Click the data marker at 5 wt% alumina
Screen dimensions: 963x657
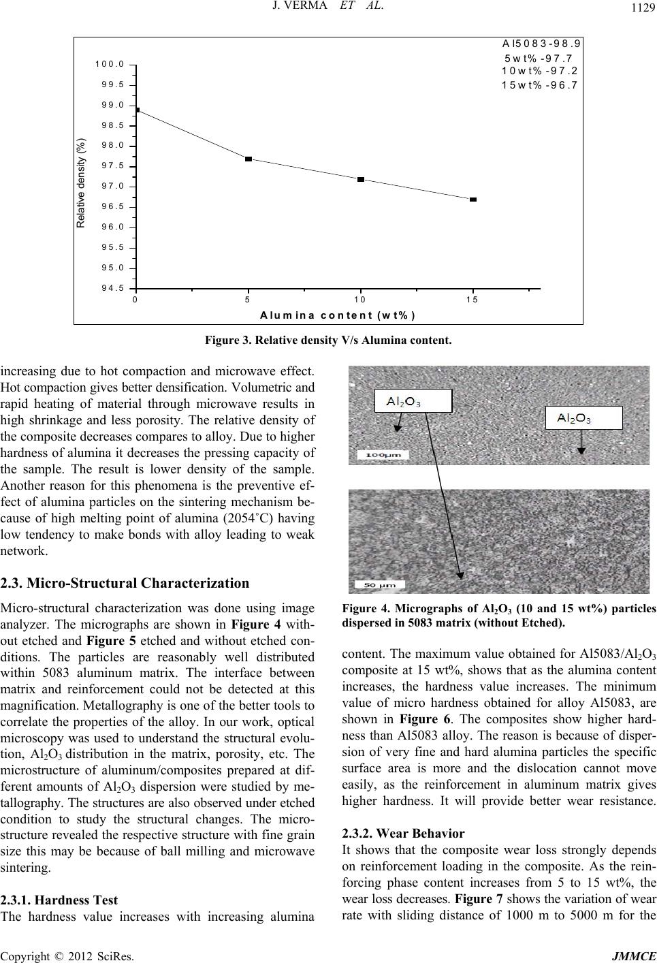click(249, 159)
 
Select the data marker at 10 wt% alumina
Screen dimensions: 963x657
click(361, 179)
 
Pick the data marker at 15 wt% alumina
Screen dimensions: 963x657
click(473, 200)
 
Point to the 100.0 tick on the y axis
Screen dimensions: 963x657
click(109, 64)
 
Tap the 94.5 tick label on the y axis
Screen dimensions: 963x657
click(109, 288)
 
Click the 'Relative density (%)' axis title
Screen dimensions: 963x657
click(81, 183)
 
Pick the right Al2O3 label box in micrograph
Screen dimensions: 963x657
click(584, 417)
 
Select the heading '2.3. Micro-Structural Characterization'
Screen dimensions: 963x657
click(125, 583)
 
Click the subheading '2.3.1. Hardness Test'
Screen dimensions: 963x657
click(59, 900)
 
